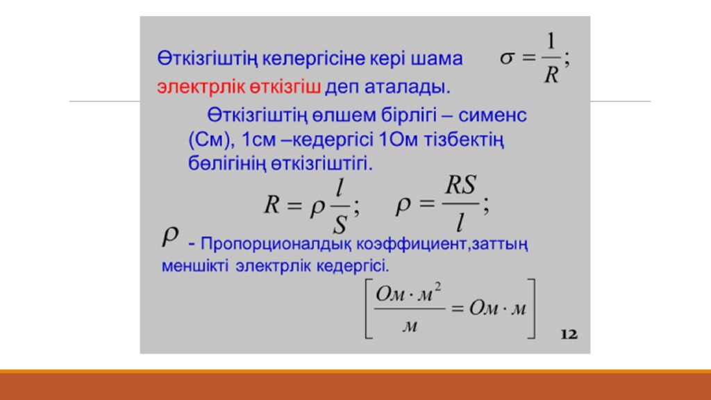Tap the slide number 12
pyautogui.click(x=569, y=335)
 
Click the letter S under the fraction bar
pyautogui.click(x=340, y=223)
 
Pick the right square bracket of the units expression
pyautogui.click(x=533, y=308)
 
